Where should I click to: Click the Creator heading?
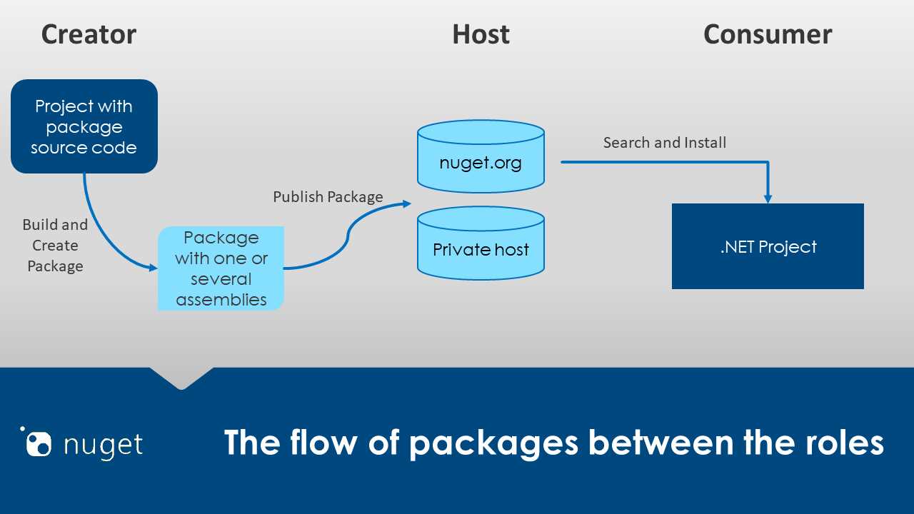point(89,34)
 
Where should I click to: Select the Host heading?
point(481,34)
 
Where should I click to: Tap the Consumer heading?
point(768,34)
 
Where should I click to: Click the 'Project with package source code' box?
point(84,126)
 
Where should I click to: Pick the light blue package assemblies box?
point(221,268)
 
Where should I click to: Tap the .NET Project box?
point(768,246)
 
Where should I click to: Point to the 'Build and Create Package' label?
point(55,245)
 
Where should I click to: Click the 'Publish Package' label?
point(328,196)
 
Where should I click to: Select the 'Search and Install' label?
point(664,143)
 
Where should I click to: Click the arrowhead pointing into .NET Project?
point(768,198)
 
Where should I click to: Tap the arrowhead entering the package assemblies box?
point(153,268)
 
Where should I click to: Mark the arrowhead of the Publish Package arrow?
point(407,203)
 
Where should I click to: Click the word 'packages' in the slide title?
point(493,443)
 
